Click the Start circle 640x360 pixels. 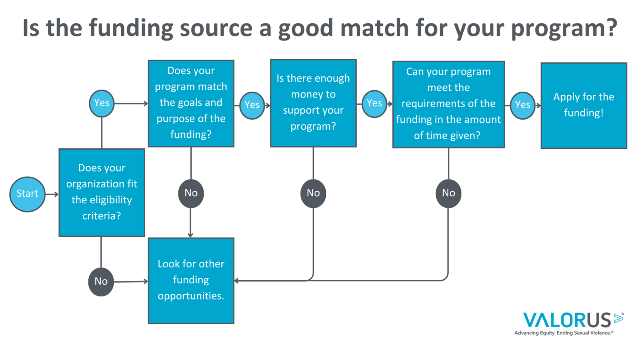(27, 194)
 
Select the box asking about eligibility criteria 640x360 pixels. (102, 192)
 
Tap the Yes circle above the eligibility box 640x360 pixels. (102, 103)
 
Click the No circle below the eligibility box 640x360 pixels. (101, 282)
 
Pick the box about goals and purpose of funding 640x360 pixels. (191, 103)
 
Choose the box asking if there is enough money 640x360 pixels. (313, 103)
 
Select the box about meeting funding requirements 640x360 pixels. (449, 104)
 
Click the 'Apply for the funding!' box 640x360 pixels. (584, 105)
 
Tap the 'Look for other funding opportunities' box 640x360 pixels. (191, 280)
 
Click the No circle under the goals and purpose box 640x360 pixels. (191, 193)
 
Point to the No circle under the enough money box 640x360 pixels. (313, 193)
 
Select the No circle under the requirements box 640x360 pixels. (449, 193)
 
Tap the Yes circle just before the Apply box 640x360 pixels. (522, 105)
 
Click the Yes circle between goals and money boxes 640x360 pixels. (252, 105)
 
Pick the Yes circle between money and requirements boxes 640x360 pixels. (374, 104)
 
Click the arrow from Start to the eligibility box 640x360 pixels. (52, 194)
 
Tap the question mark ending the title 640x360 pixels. (610, 27)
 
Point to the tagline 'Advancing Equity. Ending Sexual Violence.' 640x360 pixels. (564, 333)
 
